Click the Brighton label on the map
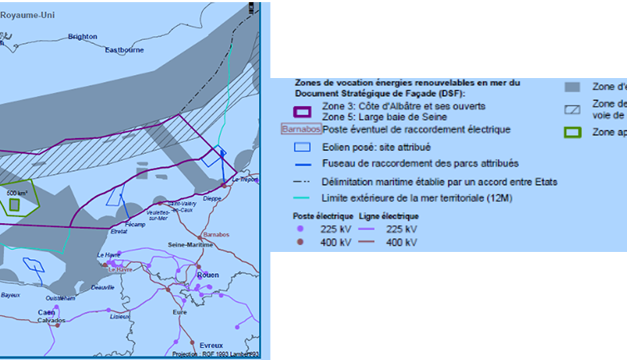click(83, 37)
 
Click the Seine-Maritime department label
click(189, 244)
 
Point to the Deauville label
click(105, 287)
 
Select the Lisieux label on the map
click(120, 316)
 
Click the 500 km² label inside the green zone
click(16, 193)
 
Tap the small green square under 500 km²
click(15, 205)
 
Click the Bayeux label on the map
click(11, 295)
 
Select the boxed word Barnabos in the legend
click(299, 129)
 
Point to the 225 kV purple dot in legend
click(299, 229)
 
